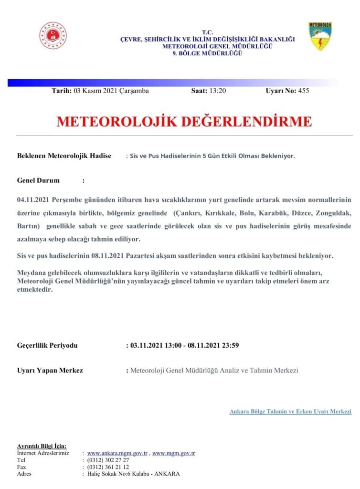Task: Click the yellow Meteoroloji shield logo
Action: (320, 36)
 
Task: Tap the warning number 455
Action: (303, 91)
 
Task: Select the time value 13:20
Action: (217, 91)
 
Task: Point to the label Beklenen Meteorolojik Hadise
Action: (64, 156)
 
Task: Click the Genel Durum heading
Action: (38, 181)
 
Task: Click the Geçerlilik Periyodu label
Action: (47, 345)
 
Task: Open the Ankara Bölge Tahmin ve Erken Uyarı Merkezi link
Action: (290, 411)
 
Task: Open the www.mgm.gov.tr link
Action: (173, 453)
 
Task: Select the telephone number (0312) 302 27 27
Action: (108, 460)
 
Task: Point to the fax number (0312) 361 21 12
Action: (108, 467)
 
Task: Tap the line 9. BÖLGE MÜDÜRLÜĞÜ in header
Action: (207, 53)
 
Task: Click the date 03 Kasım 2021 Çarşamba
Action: (111, 91)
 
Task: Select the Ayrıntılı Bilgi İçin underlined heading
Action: (42, 446)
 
